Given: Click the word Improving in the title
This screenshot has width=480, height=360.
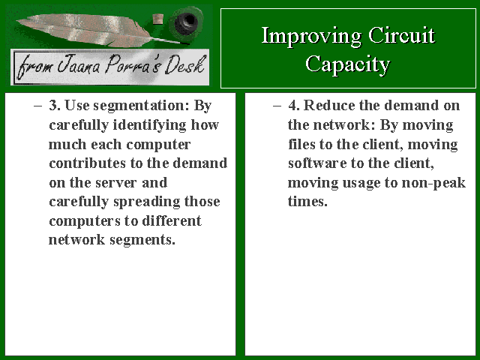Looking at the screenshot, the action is pyautogui.click(x=311, y=37).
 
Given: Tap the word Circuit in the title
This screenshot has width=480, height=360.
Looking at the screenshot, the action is pyautogui.click(x=402, y=35).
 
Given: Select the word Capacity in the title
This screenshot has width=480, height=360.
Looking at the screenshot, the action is pyautogui.click(x=348, y=65).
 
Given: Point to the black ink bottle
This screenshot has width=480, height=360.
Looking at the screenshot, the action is pyautogui.click(x=186, y=21).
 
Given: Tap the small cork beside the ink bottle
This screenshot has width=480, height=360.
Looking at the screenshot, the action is pyautogui.click(x=157, y=19).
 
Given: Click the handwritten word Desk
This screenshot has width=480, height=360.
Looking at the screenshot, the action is pyautogui.click(x=184, y=65).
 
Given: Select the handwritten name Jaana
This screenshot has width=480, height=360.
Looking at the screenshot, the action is pyautogui.click(x=79, y=65).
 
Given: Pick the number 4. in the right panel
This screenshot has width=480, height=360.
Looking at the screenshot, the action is pyautogui.click(x=294, y=105).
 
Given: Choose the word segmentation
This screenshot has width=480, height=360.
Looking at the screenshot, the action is pyautogui.click(x=142, y=106).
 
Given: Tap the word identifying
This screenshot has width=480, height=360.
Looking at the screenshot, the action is pyautogui.click(x=149, y=125).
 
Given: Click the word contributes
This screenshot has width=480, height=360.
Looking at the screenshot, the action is pyautogui.click(x=88, y=163).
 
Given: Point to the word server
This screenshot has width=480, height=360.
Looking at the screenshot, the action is pyautogui.click(x=115, y=183).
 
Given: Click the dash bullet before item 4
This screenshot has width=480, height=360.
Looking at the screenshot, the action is pyautogui.click(x=277, y=106).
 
